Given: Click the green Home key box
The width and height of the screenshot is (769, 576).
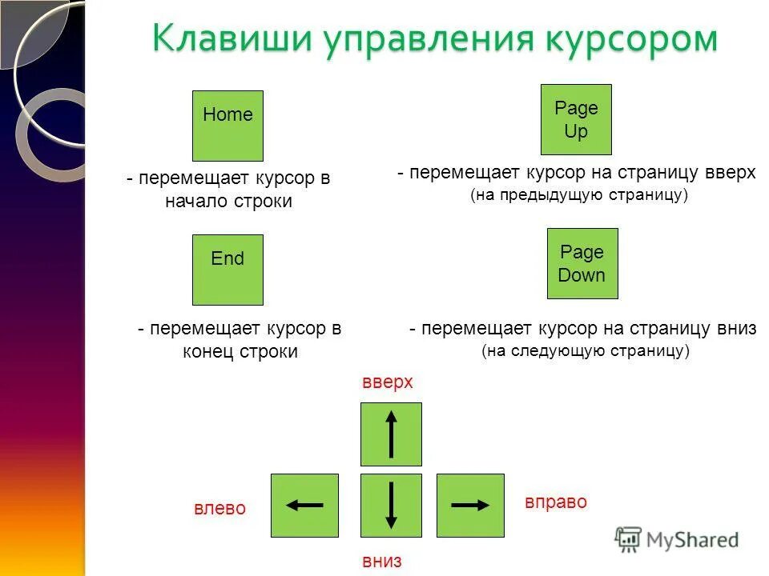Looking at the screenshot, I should [x=227, y=126].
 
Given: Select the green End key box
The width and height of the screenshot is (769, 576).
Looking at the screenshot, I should [x=227, y=270].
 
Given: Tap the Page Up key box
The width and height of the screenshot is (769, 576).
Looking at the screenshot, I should [x=576, y=119].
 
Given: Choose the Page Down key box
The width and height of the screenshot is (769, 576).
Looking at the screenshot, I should [x=582, y=263].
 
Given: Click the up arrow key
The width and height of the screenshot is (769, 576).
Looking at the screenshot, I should [x=391, y=434].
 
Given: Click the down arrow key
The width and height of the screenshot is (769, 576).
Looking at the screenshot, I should [x=391, y=505].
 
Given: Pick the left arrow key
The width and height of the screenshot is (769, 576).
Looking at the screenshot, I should [x=304, y=505].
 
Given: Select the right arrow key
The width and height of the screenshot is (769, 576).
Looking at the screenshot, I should [x=470, y=505].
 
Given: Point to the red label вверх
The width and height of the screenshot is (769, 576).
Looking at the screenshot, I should [x=388, y=382].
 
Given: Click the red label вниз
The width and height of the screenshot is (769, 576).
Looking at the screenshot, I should [x=380, y=561].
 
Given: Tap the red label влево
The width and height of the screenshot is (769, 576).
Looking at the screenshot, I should [x=220, y=509].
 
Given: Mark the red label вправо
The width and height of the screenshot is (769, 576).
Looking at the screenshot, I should [x=556, y=502].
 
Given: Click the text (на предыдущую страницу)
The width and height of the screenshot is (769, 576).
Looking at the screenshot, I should [x=580, y=195].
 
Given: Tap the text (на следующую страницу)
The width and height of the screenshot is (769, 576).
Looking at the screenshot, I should [x=586, y=350].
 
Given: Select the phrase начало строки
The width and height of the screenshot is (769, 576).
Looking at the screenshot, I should [x=228, y=202].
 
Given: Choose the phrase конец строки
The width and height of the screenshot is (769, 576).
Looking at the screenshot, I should [x=240, y=351].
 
